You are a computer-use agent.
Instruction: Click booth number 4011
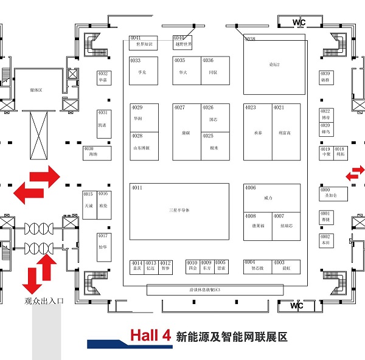136,189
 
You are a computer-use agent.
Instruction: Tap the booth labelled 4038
250,39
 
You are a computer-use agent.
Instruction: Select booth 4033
135,61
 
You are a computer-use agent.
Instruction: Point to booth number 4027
179,108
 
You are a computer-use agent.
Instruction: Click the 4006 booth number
251,188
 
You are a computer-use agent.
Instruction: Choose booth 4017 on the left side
102,236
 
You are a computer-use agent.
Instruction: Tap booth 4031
102,112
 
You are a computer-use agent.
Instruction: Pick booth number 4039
325,73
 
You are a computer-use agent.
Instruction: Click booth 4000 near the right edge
325,190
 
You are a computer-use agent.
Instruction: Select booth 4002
325,237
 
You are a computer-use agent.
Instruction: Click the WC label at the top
299,22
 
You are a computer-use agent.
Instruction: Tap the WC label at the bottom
296,306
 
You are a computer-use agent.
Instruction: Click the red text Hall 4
149,335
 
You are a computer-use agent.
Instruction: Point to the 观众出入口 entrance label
44,300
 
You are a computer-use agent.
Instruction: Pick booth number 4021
279,108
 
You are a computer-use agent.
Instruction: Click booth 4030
89,148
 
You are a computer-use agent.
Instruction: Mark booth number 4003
279,263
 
